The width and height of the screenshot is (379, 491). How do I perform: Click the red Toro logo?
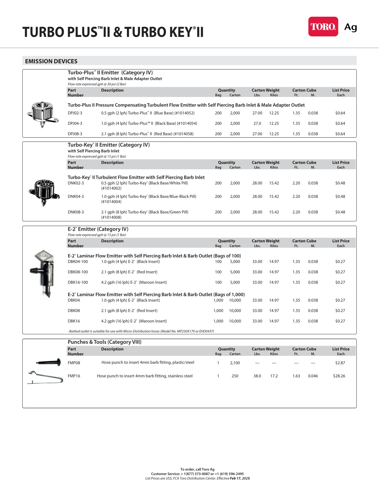(x=323, y=27)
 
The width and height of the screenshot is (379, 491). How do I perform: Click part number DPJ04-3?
(x=75, y=123)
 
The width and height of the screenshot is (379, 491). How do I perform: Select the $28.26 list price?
(x=339, y=376)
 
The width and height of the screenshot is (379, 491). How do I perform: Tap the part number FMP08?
(x=74, y=363)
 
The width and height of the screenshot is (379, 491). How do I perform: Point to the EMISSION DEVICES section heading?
(x=51, y=61)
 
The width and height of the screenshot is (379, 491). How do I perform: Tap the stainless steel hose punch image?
(x=45, y=377)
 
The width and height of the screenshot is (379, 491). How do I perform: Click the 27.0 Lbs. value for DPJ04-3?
(x=257, y=123)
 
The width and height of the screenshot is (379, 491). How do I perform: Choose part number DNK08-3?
(x=76, y=212)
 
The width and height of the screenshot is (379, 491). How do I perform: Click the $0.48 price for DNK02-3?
(x=340, y=183)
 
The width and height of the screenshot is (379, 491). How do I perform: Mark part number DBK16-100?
(x=78, y=282)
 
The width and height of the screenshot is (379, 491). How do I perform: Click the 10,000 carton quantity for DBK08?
(x=235, y=311)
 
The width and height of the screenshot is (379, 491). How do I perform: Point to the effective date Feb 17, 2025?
(x=239, y=478)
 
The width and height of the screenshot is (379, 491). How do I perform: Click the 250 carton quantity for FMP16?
(x=235, y=376)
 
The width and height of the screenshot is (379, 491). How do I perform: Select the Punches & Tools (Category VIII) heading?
(x=104, y=342)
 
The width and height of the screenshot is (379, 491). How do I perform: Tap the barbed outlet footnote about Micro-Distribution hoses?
(x=141, y=331)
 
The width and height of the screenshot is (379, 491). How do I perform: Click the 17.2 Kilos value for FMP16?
(x=274, y=376)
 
